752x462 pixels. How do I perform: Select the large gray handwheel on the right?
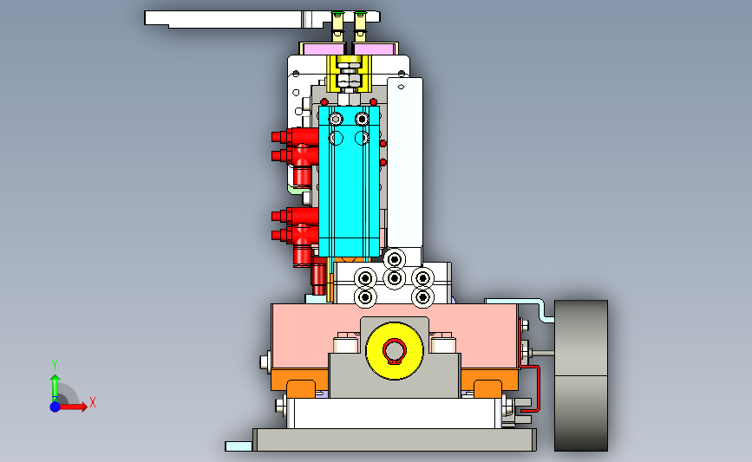point(581,375)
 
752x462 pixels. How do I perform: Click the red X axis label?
point(93,402)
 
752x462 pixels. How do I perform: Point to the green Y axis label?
point(55,365)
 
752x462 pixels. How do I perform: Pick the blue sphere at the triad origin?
point(56,407)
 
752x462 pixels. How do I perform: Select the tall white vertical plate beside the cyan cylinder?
point(405,163)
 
